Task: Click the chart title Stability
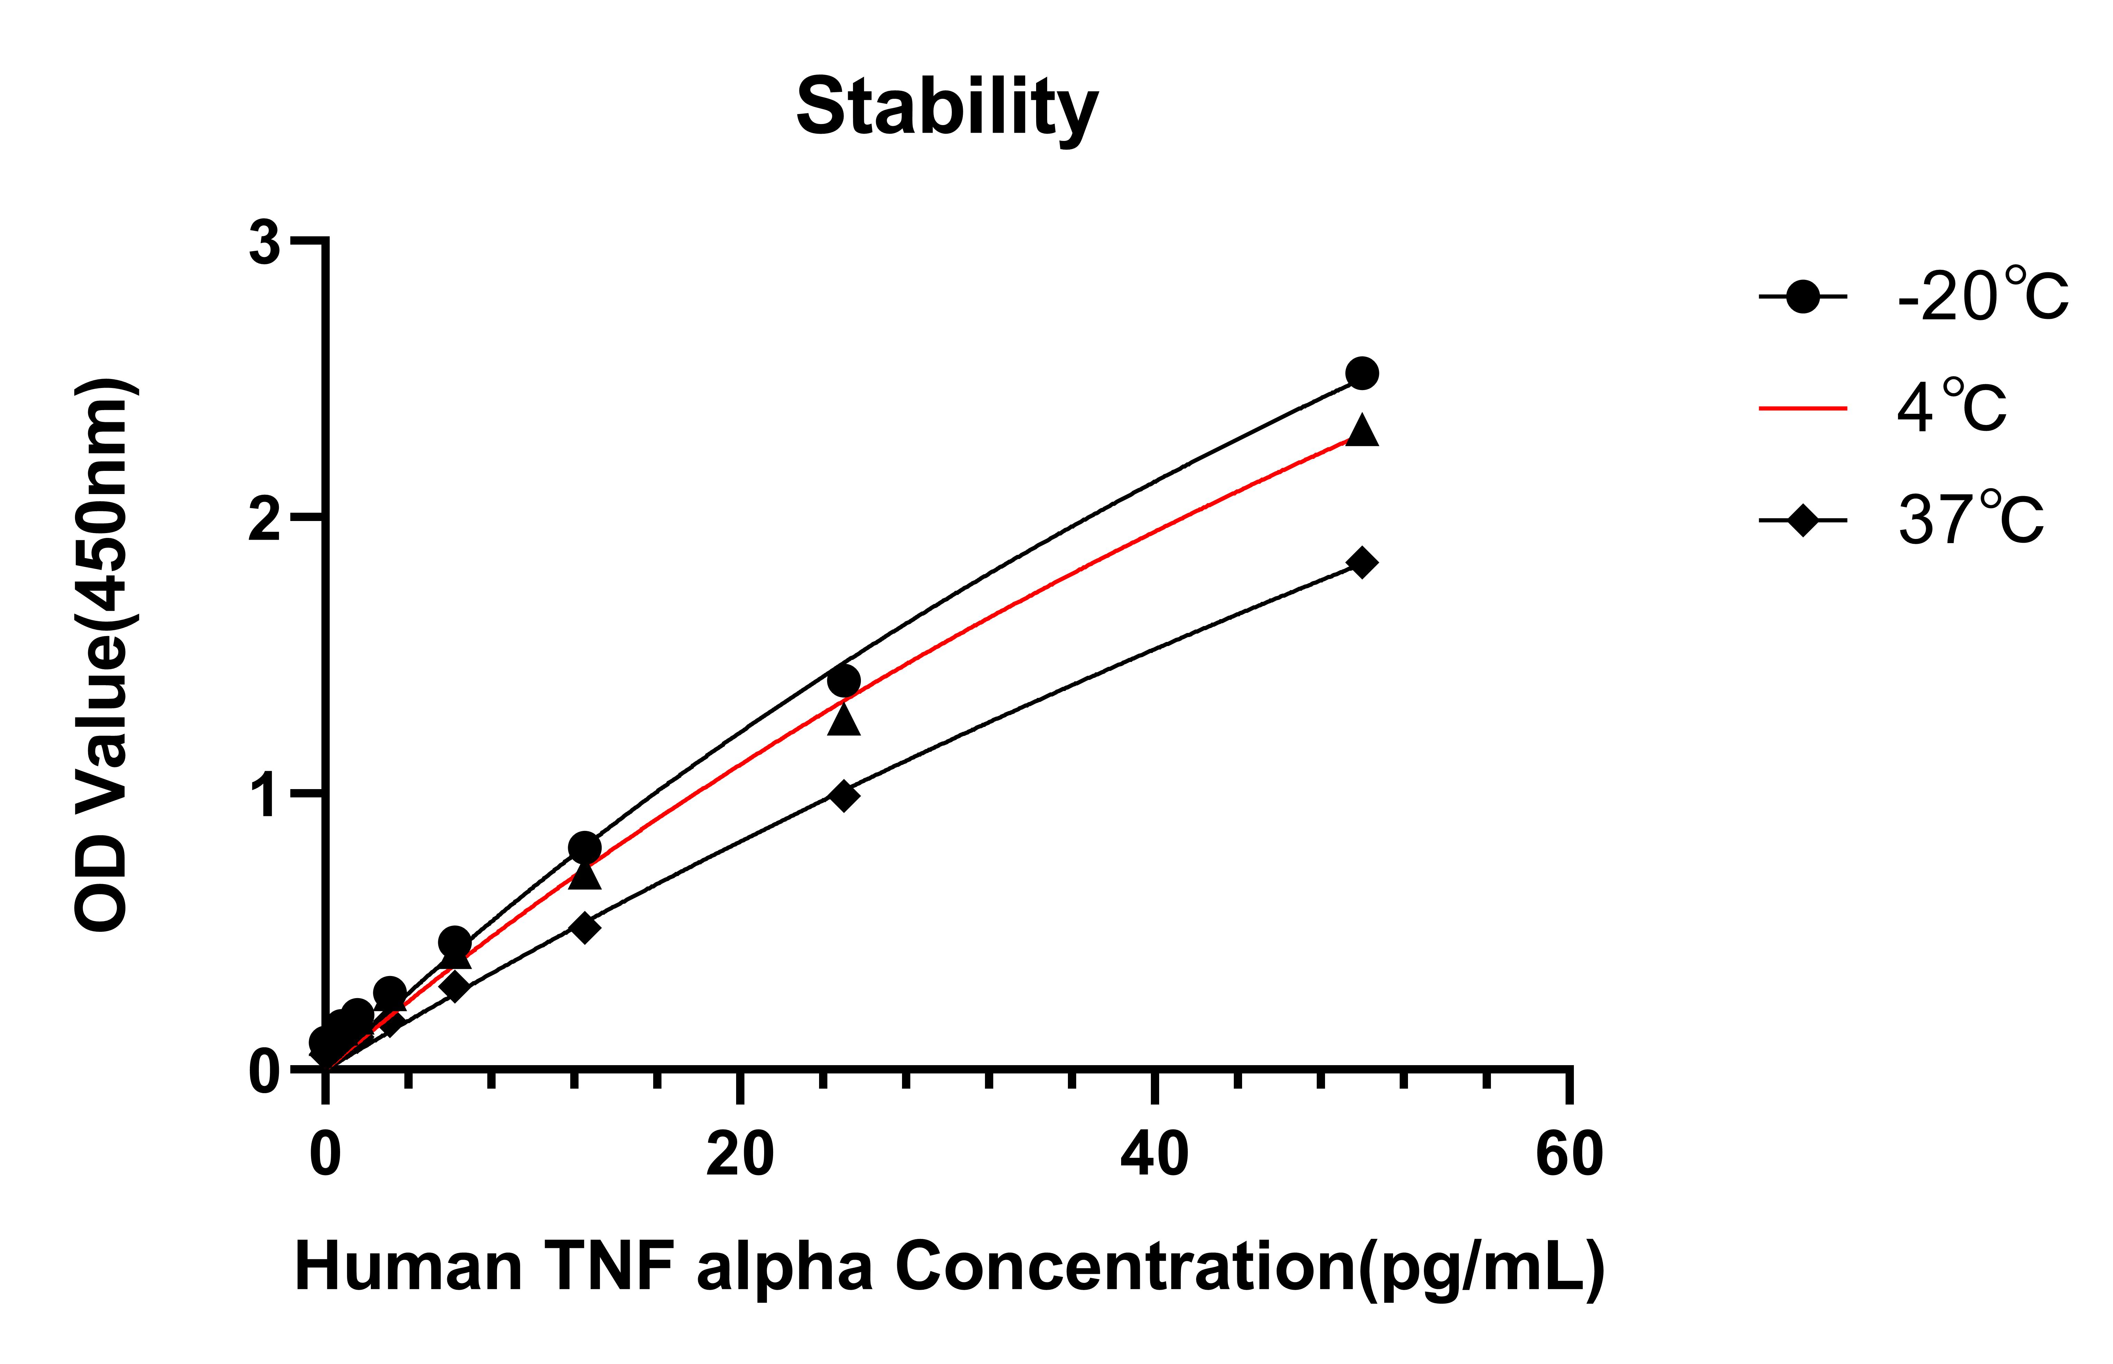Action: click(x=946, y=108)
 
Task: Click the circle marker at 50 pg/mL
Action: click(x=1362, y=373)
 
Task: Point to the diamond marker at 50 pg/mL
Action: click(x=1362, y=562)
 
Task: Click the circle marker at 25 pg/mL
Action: click(x=843, y=680)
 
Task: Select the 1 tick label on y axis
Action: click(x=264, y=795)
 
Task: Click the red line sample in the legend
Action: click(x=1802, y=408)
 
